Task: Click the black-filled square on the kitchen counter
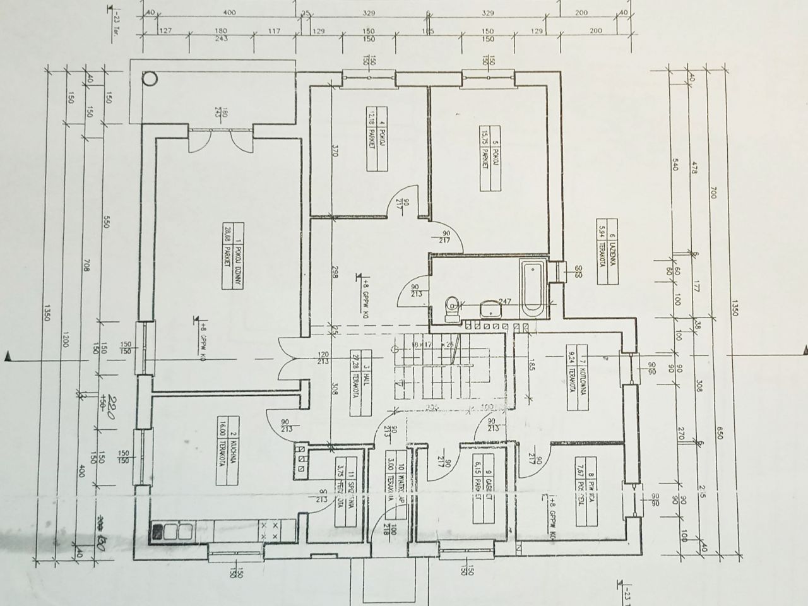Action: click(156, 532)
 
